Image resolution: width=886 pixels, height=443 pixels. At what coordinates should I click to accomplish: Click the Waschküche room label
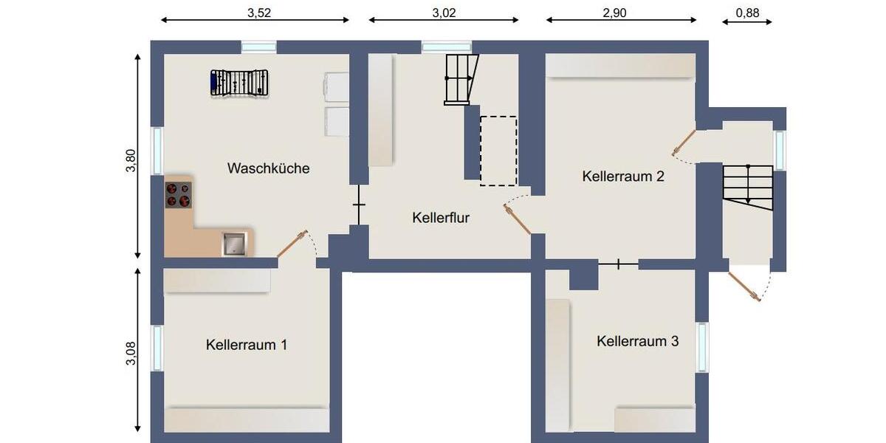(x=268, y=168)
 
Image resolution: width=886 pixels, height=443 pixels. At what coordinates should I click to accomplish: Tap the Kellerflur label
(x=441, y=218)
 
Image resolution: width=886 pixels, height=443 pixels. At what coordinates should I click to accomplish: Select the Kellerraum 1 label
(x=247, y=345)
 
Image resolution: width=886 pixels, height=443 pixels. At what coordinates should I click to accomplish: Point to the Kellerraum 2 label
(x=623, y=176)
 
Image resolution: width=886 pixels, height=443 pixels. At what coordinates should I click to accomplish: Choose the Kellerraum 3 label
(x=638, y=341)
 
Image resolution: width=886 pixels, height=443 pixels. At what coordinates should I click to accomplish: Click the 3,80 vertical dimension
(x=131, y=161)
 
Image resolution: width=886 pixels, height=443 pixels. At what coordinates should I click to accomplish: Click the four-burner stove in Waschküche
(x=178, y=194)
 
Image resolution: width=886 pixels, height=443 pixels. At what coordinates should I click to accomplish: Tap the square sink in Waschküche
(x=235, y=243)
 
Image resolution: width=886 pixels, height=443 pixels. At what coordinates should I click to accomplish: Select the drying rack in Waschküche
(x=239, y=82)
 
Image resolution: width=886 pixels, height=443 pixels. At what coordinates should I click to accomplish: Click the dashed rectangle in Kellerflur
(x=498, y=151)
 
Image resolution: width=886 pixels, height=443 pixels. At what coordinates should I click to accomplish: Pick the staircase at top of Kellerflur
(x=461, y=78)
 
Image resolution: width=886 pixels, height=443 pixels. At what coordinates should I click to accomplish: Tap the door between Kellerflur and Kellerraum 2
(x=518, y=218)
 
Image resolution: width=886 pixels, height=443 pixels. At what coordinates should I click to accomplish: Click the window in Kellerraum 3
(x=701, y=347)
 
